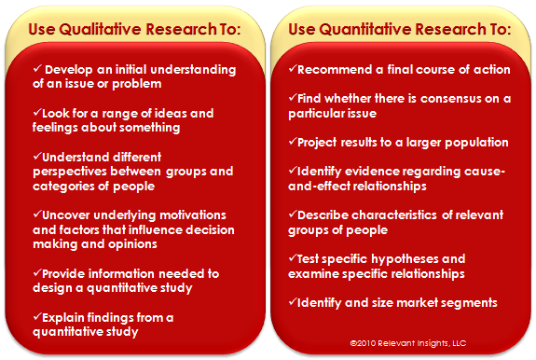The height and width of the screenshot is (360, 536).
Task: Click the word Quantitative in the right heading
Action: (x=365, y=30)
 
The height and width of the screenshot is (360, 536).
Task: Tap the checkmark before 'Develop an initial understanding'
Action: (x=37, y=68)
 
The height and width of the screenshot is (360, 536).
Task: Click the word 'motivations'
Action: (x=193, y=215)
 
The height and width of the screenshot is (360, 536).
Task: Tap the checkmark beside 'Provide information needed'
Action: (x=37, y=272)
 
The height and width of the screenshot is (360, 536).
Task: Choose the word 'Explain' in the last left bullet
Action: (x=63, y=318)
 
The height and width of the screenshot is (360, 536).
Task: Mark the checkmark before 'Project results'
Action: (x=293, y=141)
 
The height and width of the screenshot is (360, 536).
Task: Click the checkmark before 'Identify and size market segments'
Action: (x=293, y=301)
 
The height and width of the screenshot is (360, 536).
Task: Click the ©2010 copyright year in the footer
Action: (x=363, y=343)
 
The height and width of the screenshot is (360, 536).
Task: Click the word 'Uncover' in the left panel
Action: (x=66, y=215)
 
